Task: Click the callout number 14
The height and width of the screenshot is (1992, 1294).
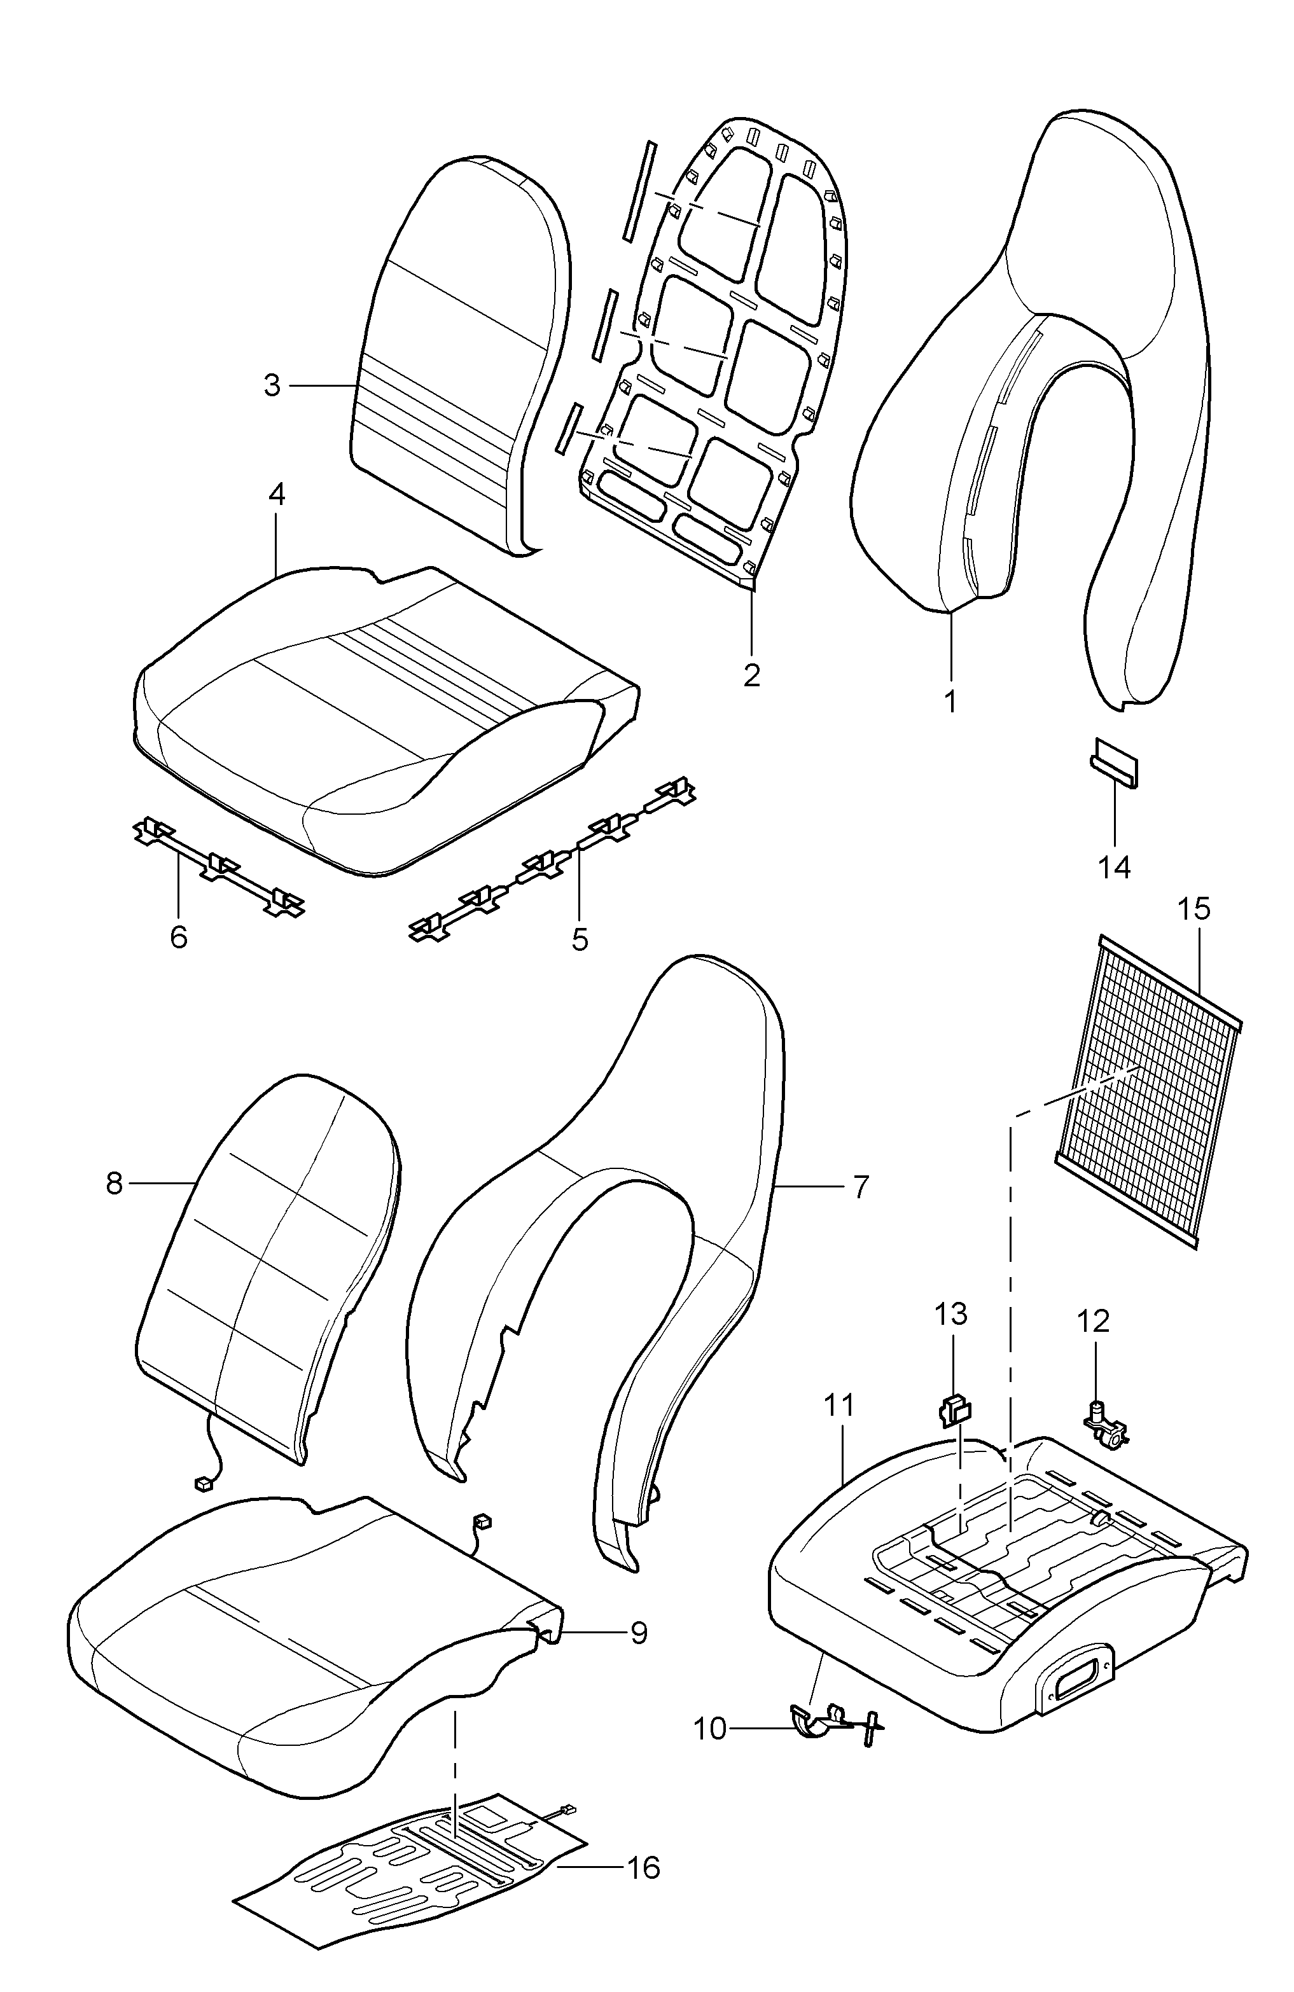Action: [x=1114, y=867]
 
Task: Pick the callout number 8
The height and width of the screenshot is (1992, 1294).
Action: [x=115, y=1184]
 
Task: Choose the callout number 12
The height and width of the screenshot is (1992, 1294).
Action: [x=1093, y=1321]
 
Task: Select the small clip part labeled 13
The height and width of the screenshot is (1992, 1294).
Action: [x=954, y=1411]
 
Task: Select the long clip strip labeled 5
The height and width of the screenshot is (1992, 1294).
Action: [x=552, y=861]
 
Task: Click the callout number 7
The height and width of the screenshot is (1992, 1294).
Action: [x=861, y=1186]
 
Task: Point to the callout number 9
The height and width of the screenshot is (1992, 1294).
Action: [x=639, y=1633]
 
